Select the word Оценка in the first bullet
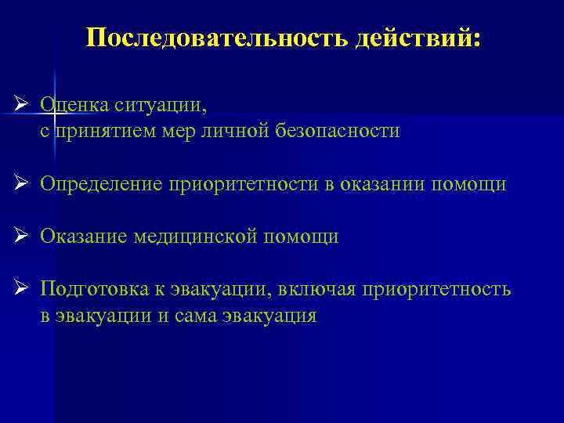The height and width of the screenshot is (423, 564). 75,103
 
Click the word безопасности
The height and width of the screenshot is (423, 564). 338,130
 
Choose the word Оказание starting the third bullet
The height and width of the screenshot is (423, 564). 84,237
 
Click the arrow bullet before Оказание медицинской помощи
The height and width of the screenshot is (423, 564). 22,236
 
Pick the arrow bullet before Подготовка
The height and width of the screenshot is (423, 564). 22,289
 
